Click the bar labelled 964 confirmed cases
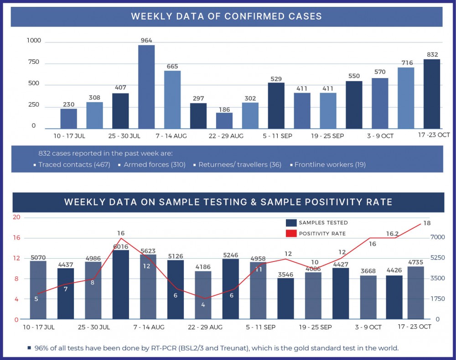click(x=146, y=87)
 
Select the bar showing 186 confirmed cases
click(x=224, y=120)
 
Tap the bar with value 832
click(x=432, y=94)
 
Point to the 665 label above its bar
click(x=172, y=67)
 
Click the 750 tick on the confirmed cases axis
click(x=34, y=62)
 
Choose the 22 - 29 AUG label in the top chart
click(x=226, y=136)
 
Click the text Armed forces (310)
click(x=155, y=164)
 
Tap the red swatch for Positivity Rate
click(x=291, y=234)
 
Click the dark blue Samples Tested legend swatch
click(x=291, y=223)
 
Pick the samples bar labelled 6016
click(x=121, y=285)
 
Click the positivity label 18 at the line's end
click(x=427, y=223)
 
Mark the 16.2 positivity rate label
click(x=393, y=234)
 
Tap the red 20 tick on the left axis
click(x=16, y=217)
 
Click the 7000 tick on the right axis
click(x=437, y=237)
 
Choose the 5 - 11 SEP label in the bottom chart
click(x=261, y=327)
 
